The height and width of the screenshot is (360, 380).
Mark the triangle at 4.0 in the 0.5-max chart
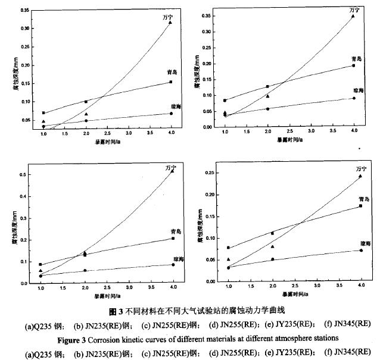click(x=172, y=171)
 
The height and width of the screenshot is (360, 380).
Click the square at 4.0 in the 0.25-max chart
click(x=360, y=206)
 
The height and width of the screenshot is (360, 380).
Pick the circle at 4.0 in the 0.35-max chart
click(x=354, y=98)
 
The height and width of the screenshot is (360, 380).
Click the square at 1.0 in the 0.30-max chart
click(x=43, y=113)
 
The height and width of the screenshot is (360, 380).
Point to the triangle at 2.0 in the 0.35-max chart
click(x=267, y=96)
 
